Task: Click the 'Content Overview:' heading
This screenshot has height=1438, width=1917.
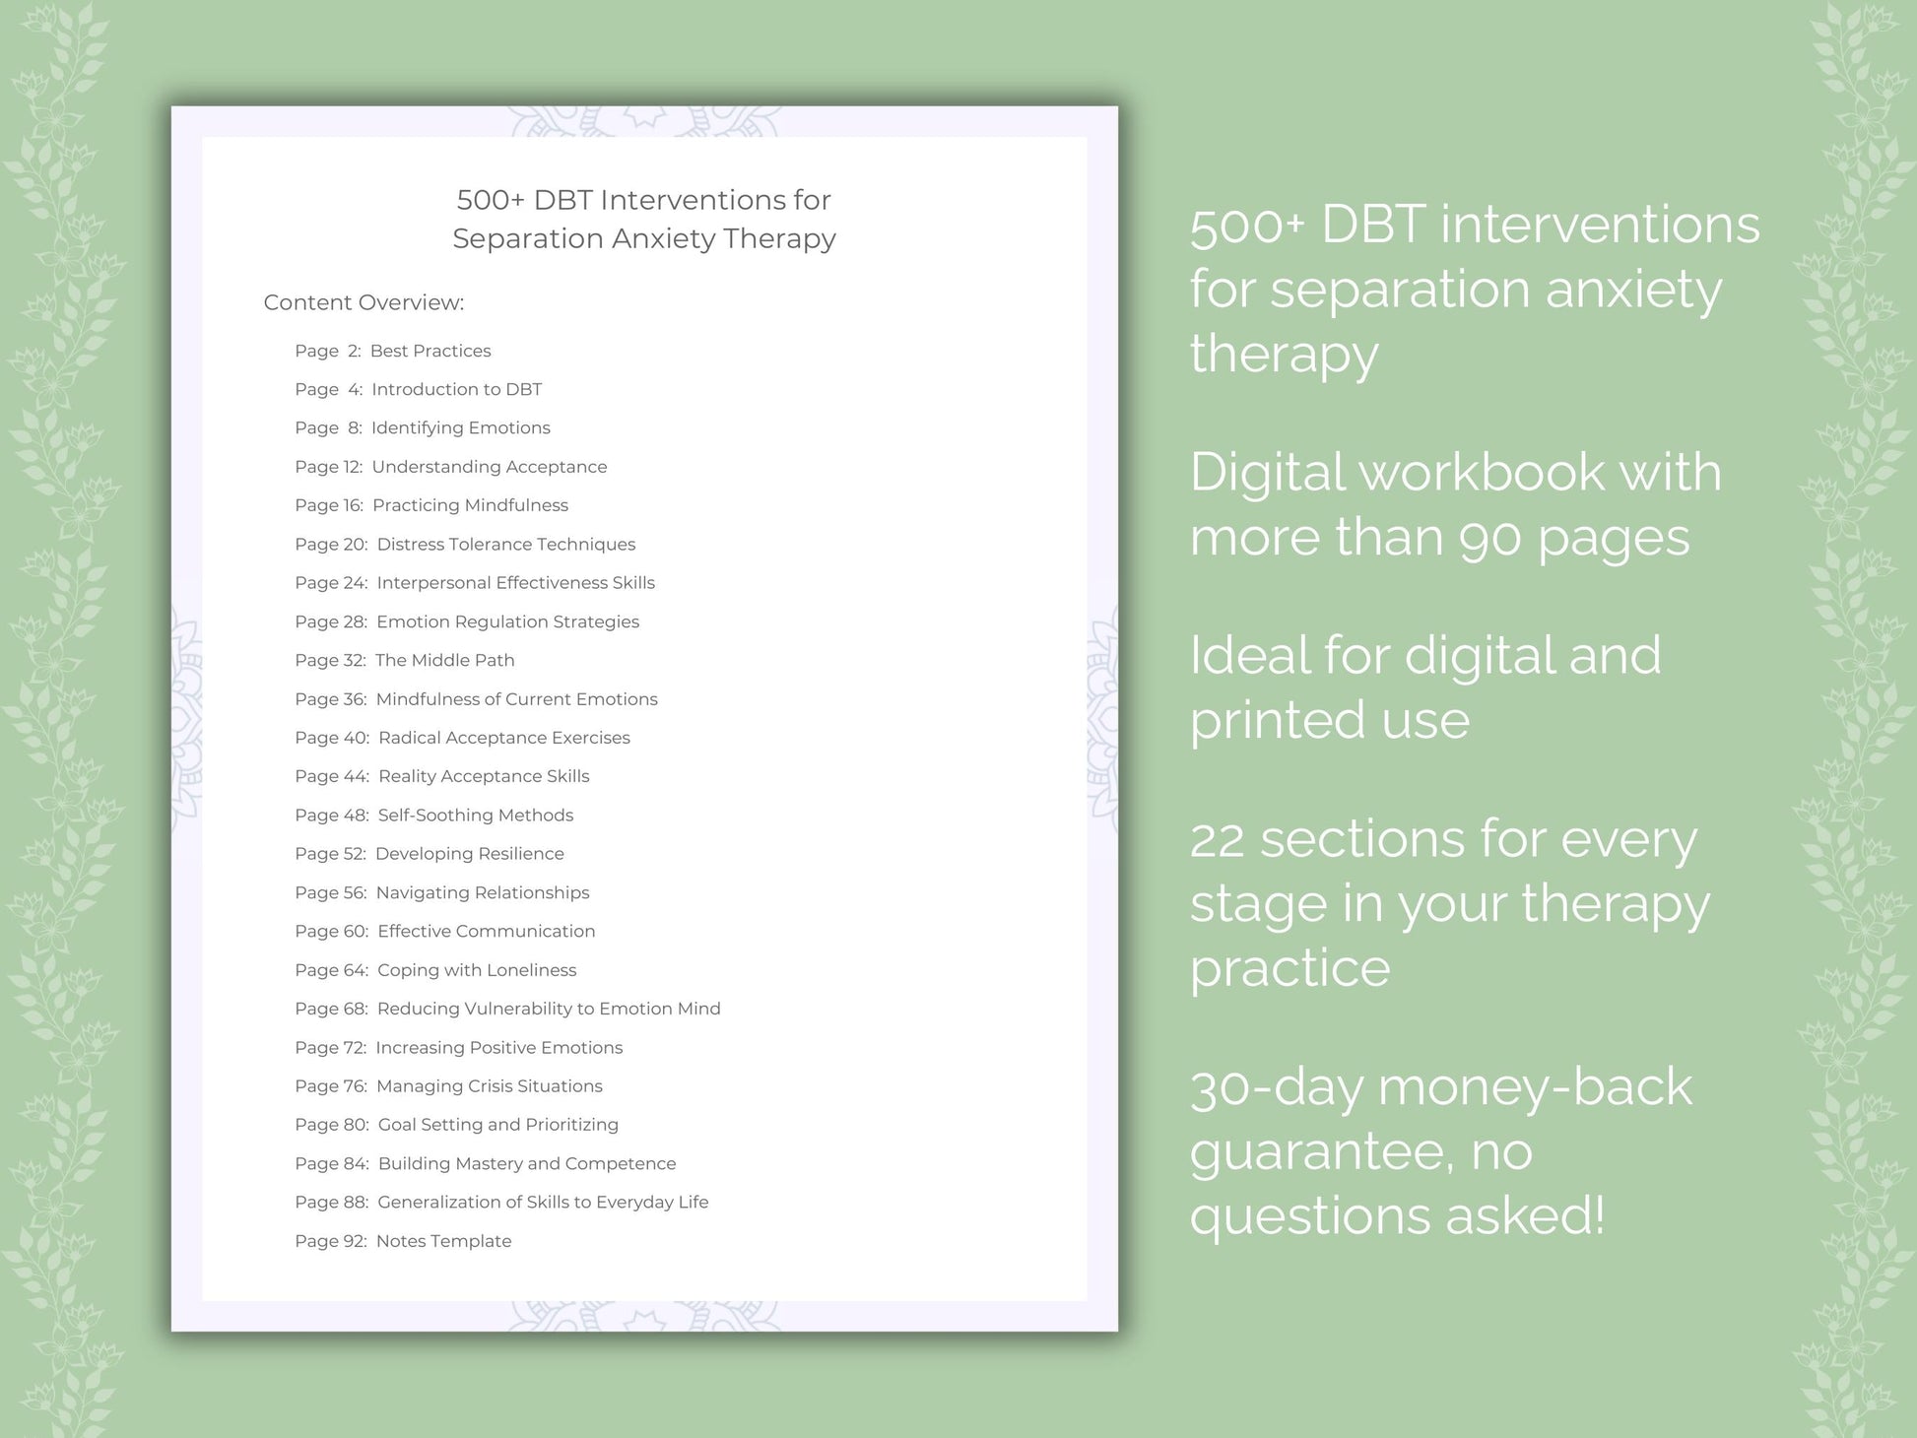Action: point(364,302)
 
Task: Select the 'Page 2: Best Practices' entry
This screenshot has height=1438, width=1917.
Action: point(392,351)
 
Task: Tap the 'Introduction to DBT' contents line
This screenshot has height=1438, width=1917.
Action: point(456,389)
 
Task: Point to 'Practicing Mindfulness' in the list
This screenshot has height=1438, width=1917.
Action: point(470,505)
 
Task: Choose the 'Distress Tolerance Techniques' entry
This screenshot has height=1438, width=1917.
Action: point(505,544)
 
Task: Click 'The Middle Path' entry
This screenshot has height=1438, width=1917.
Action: point(444,660)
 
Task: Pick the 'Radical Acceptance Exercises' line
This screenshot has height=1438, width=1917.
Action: point(503,738)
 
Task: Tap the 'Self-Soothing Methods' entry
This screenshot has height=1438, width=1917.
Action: point(475,815)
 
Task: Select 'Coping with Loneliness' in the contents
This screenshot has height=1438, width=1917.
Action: point(477,970)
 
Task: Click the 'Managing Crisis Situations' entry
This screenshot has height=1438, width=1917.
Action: point(489,1085)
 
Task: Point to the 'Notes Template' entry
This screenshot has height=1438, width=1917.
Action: point(443,1241)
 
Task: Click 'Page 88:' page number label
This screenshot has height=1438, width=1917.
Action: point(331,1202)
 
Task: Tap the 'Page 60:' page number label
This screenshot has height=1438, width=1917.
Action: point(331,931)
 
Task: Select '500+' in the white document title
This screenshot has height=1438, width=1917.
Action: point(490,200)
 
